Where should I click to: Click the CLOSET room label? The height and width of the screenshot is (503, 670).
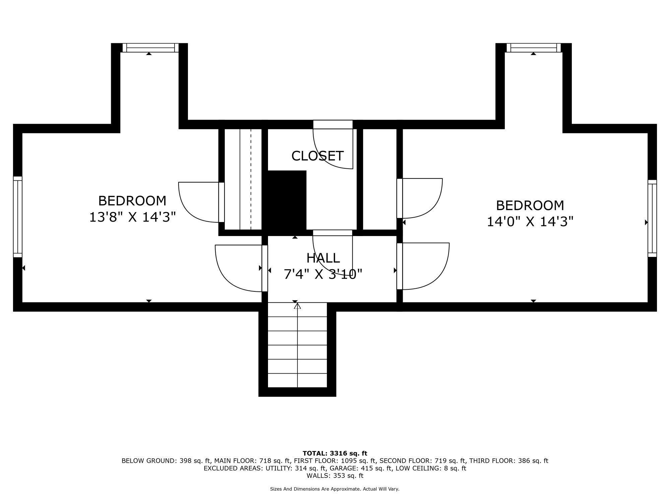click(x=317, y=156)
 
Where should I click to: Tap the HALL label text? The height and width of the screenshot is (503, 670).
click(x=323, y=258)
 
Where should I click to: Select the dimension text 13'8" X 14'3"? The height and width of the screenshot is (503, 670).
click(x=132, y=217)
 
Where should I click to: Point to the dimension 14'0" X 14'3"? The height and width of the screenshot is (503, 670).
click(x=530, y=222)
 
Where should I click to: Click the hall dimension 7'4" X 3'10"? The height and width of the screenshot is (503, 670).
click(x=323, y=274)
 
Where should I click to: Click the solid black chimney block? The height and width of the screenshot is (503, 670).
click(x=287, y=201)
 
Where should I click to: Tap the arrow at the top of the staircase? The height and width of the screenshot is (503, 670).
click(x=297, y=306)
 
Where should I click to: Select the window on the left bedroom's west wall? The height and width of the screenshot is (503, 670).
click(x=18, y=217)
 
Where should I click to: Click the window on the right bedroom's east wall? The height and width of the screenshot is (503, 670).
click(x=652, y=218)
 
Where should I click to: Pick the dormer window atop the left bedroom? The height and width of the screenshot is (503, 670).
click(x=150, y=48)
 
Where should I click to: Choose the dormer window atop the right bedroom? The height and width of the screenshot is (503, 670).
click(x=534, y=48)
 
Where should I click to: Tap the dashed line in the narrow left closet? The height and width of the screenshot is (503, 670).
click(x=251, y=179)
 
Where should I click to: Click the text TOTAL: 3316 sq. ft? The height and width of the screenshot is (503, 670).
click(x=335, y=453)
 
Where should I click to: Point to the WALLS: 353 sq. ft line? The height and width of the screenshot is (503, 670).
click(x=335, y=476)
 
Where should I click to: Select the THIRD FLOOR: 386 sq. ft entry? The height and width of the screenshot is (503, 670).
click(x=509, y=461)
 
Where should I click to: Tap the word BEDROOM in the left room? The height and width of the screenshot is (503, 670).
click(x=132, y=201)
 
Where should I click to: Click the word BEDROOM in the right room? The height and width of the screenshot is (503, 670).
click(x=530, y=205)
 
